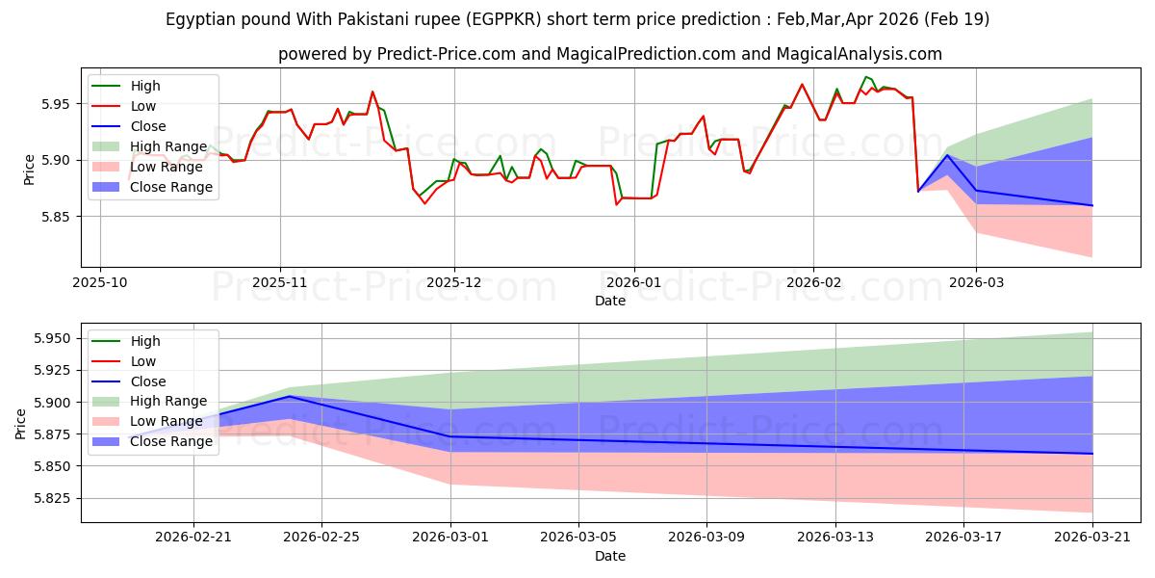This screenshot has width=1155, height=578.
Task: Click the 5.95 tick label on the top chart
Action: click(x=55, y=104)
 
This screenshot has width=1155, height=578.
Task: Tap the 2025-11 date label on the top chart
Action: click(x=280, y=283)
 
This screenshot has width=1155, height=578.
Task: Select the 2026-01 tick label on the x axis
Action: click(x=634, y=283)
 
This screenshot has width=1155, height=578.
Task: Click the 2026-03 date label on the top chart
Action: click(x=977, y=283)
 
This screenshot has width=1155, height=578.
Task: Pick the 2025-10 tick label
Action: click(x=100, y=283)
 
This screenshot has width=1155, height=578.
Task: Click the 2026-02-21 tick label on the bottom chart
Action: click(x=193, y=538)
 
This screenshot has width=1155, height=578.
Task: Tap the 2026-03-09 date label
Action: click(x=706, y=538)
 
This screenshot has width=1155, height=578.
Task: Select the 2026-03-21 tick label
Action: click(x=1092, y=538)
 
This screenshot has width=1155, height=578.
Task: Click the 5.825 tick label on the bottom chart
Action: click(x=52, y=499)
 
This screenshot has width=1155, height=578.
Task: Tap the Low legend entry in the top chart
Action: click(x=124, y=106)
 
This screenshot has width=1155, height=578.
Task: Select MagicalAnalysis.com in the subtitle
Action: click(x=859, y=54)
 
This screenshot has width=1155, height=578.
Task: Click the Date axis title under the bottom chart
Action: click(x=610, y=557)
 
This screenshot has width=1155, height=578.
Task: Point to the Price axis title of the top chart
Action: click(x=29, y=170)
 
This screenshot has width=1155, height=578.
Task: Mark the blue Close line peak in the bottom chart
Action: click(x=290, y=396)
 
